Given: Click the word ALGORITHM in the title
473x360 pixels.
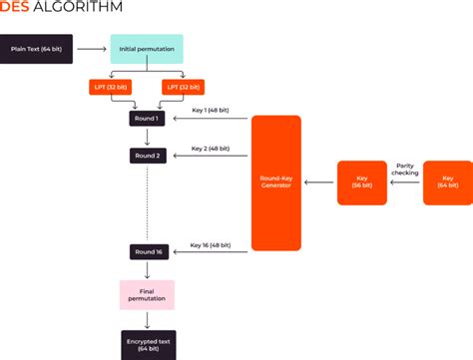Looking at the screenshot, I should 81,8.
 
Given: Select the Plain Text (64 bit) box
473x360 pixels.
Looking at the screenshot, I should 36,48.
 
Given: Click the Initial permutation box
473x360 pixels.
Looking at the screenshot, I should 147,48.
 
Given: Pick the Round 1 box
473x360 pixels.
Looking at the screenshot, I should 148,119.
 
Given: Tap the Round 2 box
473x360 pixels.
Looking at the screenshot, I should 148,156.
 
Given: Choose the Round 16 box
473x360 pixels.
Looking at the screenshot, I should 148,252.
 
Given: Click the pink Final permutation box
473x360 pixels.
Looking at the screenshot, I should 147,294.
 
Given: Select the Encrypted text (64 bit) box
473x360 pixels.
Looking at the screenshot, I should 148,344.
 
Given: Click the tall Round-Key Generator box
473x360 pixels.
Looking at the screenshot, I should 275,182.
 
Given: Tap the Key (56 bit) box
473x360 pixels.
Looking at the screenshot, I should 361,182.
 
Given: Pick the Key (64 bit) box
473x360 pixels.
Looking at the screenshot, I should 446,182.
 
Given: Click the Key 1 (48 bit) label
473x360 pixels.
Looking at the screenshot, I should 211,110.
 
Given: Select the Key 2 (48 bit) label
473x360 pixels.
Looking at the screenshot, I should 211,147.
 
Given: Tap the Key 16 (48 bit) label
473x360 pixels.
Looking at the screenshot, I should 211,242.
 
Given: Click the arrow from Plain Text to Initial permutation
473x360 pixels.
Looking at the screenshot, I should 92,48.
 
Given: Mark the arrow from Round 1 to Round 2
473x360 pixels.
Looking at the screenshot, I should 148,137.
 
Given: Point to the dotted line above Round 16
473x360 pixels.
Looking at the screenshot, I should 148,204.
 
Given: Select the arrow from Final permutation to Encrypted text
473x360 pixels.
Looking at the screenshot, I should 148,319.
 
